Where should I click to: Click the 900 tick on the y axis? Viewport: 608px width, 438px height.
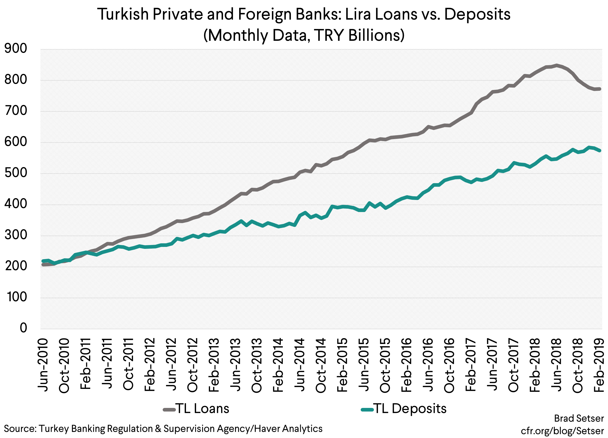[x=16, y=49]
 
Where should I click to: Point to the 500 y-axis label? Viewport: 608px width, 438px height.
[x=16, y=173]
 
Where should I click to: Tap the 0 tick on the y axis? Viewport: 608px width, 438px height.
[x=23, y=328]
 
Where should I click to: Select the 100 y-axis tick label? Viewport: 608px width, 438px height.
[x=16, y=297]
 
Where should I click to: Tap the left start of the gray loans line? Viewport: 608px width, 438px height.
[x=43, y=265]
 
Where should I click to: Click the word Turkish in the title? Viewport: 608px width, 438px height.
[x=124, y=14]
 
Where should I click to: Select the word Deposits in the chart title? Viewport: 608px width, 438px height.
[x=477, y=14]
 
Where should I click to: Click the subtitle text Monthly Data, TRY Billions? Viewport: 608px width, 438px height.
[x=304, y=35]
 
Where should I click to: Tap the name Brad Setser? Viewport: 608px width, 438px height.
[x=579, y=419]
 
